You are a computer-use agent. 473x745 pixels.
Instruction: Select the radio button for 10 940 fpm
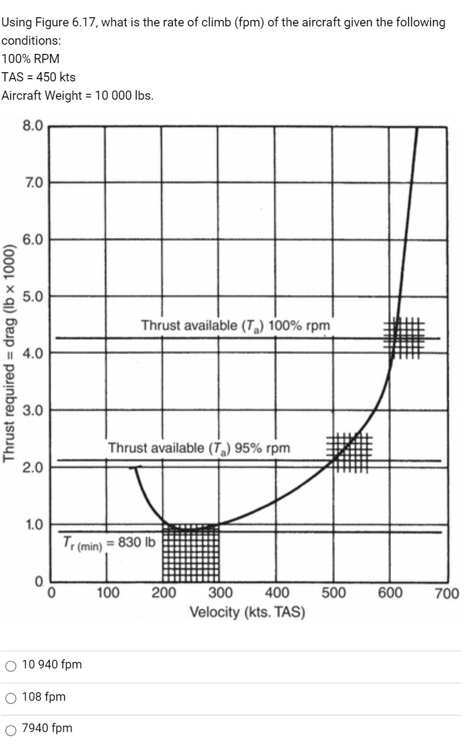[x=11, y=666]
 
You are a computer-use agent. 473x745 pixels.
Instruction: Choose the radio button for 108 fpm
[x=11, y=698]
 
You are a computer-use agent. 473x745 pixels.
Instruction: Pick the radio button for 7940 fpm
[x=11, y=730]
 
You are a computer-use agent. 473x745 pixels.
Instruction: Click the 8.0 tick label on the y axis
[x=32, y=126]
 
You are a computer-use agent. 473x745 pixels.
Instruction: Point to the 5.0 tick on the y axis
[x=32, y=296]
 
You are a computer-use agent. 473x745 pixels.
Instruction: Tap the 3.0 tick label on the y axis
[x=32, y=410]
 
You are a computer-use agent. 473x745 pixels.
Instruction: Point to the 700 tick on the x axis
[x=447, y=594]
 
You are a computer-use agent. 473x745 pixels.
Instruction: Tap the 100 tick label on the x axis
[x=107, y=593]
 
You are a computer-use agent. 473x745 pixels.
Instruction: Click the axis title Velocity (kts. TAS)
[x=247, y=612]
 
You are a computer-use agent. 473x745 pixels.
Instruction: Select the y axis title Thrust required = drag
[x=9, y=353]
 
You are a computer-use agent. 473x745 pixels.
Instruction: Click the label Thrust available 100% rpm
[x=235, y=326]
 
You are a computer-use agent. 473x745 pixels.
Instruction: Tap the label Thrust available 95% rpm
[x=198, y=448]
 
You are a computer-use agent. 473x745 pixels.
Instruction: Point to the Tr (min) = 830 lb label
[x=109, y=543]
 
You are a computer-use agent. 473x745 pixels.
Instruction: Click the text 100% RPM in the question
[x=31, y=58]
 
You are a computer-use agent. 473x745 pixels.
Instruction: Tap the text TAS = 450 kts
[x=38, y=77]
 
